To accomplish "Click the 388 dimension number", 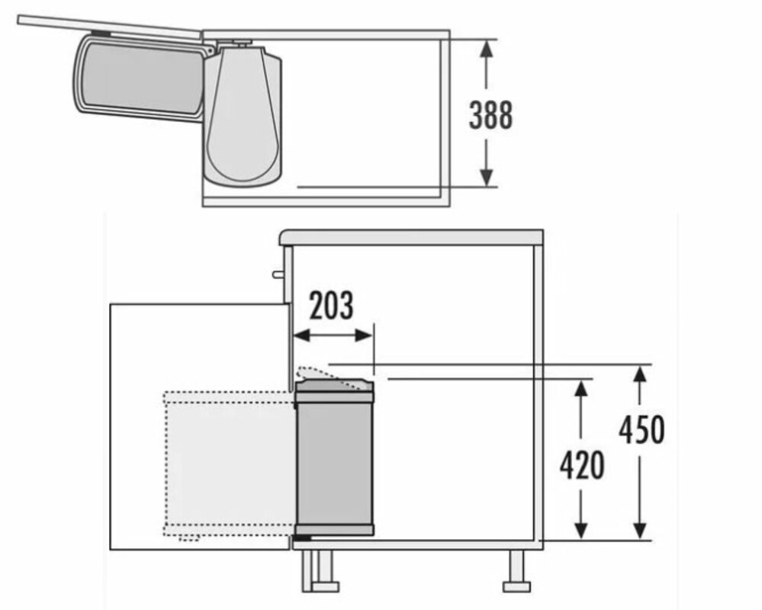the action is [490, 115].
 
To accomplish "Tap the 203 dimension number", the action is [332, 306].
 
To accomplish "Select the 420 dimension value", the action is [582, 465].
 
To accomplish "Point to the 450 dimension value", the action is [641, 429].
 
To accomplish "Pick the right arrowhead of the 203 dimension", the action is [364, 335].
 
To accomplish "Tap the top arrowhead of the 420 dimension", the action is [580, 389].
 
